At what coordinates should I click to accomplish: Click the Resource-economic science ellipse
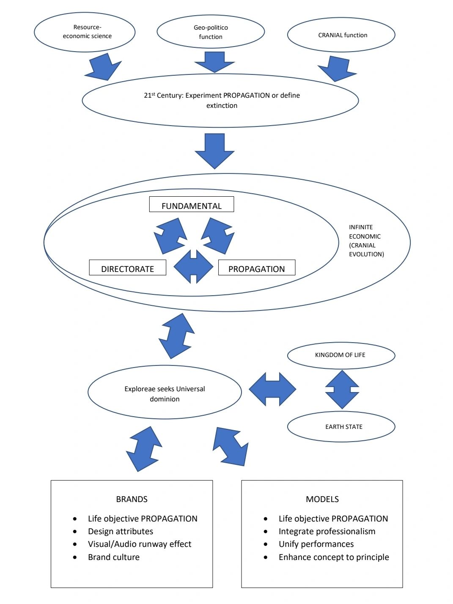(x=85, y=32)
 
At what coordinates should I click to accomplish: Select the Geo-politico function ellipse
(x=211, y=32)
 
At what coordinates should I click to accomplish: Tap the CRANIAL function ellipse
(x=341, y=35)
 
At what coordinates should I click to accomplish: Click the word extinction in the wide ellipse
(x=222, y=106)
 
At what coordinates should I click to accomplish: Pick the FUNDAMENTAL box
(x=191, y=205)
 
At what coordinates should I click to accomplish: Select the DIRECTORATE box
(x=127, y=268)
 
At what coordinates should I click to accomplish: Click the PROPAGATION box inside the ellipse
(x=256, y=268)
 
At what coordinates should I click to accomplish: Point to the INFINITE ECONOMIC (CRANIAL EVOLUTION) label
(x=366, y=241)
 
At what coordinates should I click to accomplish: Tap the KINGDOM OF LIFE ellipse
(x=341, y=355)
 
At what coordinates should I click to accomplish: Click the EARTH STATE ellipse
(x=341, y=427)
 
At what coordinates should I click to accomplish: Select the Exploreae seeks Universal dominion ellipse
(x=165, y=393)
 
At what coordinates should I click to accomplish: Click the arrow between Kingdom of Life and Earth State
(x=342, y=389)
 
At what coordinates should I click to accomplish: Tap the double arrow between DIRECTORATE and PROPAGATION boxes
(x=193, y=267)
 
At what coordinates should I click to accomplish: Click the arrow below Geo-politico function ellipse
(x=214, y=62)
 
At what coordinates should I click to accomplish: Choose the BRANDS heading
(x=132, y=499)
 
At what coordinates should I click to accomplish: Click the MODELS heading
(x=322, y=499)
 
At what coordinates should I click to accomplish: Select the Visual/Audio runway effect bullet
(x=139, y=544)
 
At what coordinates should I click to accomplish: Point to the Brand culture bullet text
(x=113, y=557)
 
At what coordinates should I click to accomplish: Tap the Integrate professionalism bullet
(x=327, y=531)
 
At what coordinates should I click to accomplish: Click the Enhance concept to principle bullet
(x=333, y=557)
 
